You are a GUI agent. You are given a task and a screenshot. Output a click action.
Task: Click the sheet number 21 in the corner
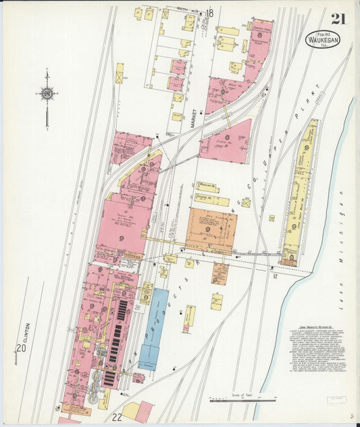[337, 18]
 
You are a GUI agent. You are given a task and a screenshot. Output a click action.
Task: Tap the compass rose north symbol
[47, 93]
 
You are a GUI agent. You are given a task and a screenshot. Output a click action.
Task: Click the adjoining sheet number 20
[22, 348]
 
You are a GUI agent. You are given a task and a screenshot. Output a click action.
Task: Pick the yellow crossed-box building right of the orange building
[246, 203]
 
